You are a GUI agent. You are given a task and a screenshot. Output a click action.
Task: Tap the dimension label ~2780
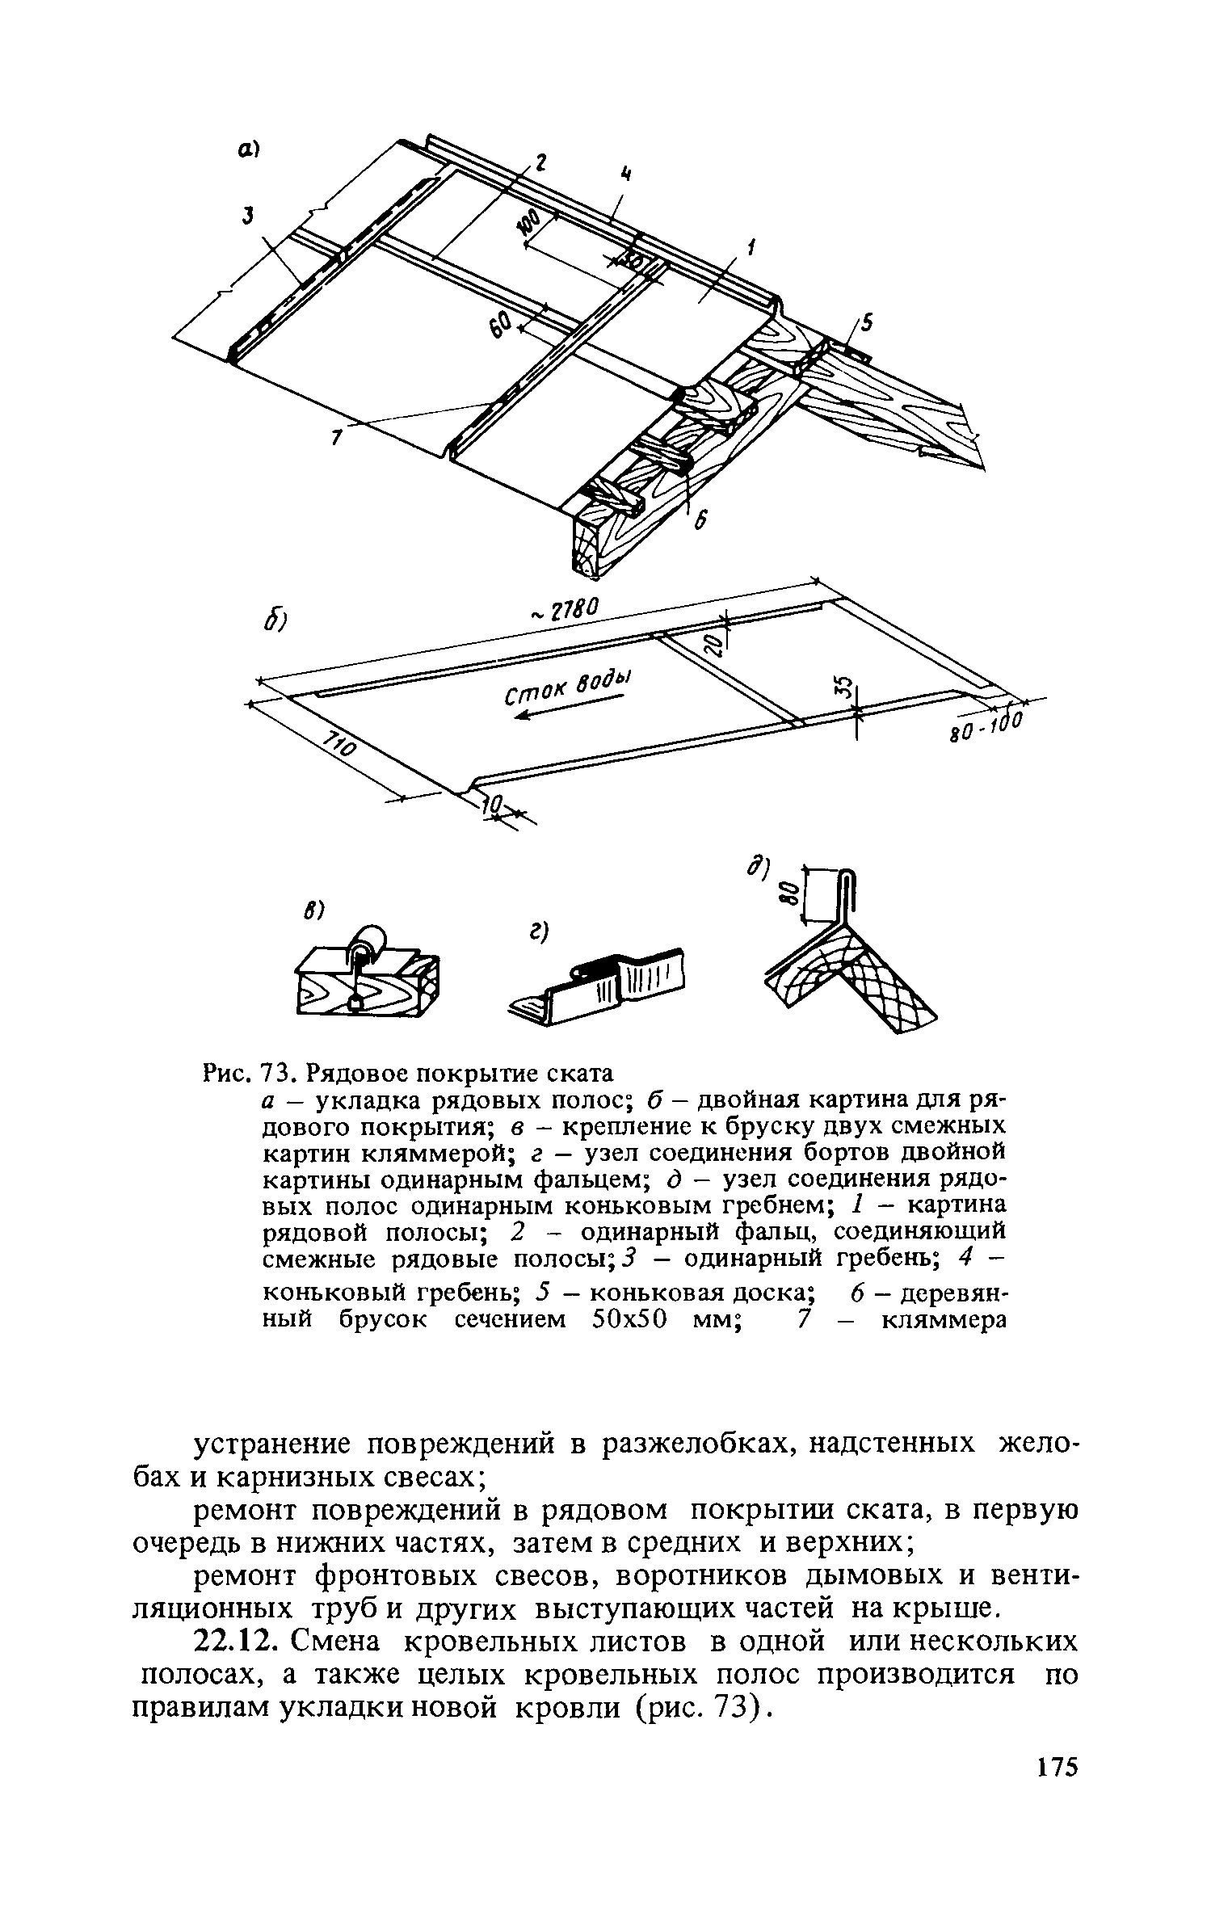(x=565, y=611)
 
